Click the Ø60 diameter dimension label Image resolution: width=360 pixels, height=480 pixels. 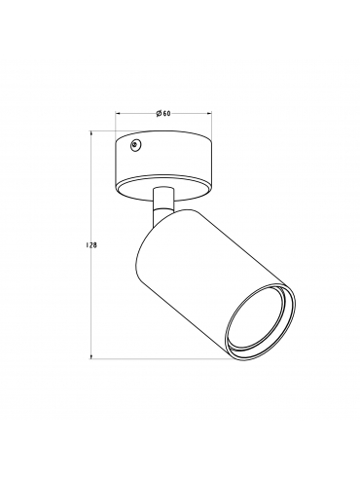163,113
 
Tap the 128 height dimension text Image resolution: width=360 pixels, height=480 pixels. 91,245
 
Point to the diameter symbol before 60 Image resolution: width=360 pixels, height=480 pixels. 159,113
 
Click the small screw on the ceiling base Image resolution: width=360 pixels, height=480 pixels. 135,146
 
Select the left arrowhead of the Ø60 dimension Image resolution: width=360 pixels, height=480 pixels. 118,114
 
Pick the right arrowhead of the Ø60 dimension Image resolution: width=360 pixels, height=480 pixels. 209,114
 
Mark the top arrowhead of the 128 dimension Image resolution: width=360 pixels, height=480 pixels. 91,133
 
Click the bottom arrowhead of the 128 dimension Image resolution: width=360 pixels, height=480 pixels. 91,356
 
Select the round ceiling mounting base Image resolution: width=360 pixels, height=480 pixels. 163,165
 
